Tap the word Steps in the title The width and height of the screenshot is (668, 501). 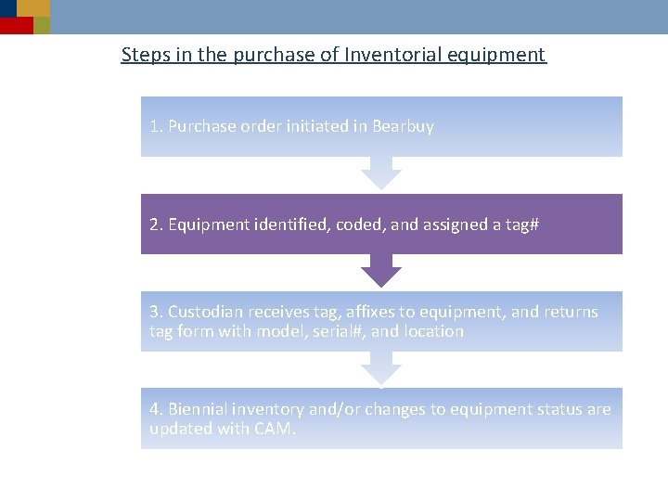[145, 55]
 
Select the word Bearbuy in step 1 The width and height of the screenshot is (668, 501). [403, 126]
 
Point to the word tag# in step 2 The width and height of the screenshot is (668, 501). [521, 225]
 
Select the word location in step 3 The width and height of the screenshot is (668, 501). [433, 331]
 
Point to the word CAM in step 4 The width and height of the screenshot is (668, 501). [275, 429]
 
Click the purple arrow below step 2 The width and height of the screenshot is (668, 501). [380, 270]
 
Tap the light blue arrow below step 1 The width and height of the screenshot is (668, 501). [380, 173]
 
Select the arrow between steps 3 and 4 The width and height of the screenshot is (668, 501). [380, 368]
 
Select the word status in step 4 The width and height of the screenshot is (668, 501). [556, 409]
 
